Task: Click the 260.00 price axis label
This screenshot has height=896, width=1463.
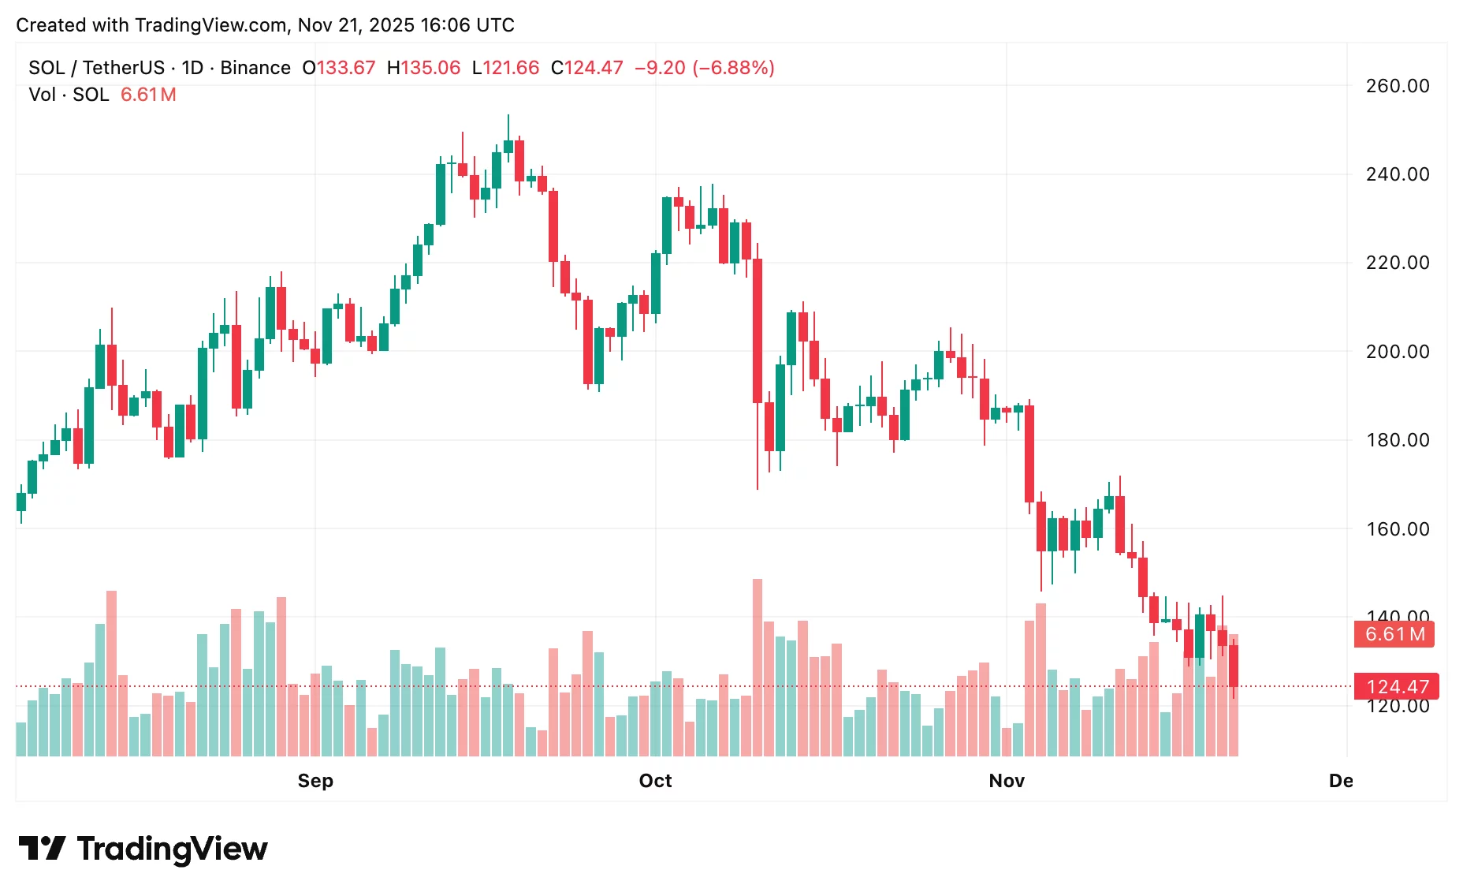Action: (x=1397, y=86)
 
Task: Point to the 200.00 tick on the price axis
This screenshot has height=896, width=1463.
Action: (x=1397, y=352)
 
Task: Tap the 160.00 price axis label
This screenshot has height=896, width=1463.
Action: (x=1397, y=529)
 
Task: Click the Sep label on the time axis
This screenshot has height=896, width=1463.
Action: (x=315, y=781)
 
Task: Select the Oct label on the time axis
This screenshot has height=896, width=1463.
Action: (x=655, y=781)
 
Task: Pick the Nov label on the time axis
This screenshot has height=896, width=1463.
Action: (x=1007, y=781)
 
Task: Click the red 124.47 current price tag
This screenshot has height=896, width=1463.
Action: (x=1396, y=686)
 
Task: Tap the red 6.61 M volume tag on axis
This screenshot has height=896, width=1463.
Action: (x=1394, y=634)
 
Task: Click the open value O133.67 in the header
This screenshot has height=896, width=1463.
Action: (x=339, y=68)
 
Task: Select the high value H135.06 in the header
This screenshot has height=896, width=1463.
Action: (x=423, y=68)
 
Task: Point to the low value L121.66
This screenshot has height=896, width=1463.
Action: (x=505, y=68)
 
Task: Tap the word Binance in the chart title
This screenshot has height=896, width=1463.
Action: (x=255, y=68)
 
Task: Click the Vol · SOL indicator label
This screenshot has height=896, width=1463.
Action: (x=69, y=95)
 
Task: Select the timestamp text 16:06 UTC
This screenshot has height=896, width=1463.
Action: (x=467, y=25)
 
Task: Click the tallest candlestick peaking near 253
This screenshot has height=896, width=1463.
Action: (x=508, y=146)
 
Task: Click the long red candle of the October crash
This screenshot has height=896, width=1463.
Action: (x=758, y=331)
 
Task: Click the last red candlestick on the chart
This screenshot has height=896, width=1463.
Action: (x=1234, y=666)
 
